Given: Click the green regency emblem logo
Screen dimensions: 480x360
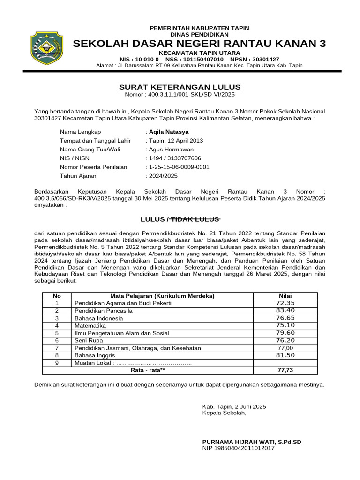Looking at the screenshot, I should [x=45, y=47].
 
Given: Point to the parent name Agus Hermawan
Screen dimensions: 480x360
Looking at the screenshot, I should [x=171, y=150].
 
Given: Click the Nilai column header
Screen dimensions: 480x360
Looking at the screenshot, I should [x=285, y=296].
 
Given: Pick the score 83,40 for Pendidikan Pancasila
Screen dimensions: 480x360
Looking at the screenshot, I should [x=285, y=310].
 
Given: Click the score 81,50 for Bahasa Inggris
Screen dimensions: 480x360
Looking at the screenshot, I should [x=285, y=355].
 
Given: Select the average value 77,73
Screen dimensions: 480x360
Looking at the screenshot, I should [x=285, y=370].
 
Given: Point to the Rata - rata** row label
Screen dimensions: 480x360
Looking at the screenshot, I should [x=147, y=370].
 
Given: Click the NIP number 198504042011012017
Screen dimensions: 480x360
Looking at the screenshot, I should [x=238, y=448].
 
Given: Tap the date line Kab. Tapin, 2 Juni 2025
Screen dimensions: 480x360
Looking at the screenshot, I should [x=234, y=406].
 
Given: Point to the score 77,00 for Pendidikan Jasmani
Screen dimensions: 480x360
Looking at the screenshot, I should [x=285, y=348].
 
